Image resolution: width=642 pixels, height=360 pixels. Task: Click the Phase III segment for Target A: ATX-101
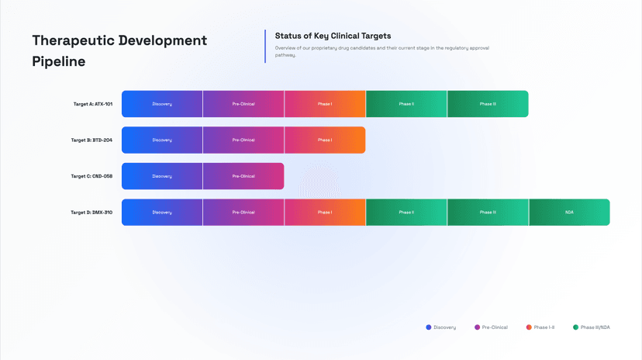(x=488, y=104)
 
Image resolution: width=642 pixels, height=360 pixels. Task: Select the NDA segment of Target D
(x=570, y=212)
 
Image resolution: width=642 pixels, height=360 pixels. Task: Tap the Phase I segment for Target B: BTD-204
(x=325, y=140)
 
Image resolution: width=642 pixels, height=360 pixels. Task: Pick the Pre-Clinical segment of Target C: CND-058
(x=243, y=176)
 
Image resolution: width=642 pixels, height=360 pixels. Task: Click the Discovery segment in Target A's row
(x=162, y=104)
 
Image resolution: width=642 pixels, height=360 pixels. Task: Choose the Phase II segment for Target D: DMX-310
(x=406, y=212)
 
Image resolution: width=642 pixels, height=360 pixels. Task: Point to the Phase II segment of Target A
(x=406, y=104)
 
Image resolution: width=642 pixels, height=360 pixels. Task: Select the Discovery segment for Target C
(x=162, y=176)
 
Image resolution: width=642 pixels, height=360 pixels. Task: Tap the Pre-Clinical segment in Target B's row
(x=243, y=140)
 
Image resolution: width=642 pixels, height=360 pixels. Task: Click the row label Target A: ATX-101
(x=93, y=104)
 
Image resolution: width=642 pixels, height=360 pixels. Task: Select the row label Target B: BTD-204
(x=91, y=140)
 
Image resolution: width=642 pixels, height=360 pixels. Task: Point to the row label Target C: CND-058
(x=91, y=176)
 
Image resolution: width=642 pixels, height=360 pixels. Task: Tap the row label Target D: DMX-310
(x=91, y=213)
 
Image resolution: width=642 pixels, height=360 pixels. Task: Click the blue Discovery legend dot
(x=429, y=327)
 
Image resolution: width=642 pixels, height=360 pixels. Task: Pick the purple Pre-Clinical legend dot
(x=477, y=327)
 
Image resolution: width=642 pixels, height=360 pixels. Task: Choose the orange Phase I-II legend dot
(x=529, y=327)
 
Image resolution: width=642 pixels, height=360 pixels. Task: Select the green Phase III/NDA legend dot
(x=575, y=327)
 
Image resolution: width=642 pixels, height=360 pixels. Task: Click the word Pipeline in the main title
(x=59, y=61)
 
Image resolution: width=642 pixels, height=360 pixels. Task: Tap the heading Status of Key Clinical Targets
(x=333, y=36)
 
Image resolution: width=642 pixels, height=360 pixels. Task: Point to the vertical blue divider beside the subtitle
(x=265, y=47)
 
